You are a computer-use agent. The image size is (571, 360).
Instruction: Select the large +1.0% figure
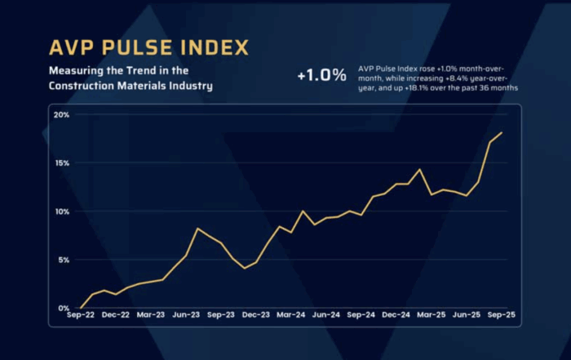pyautogui.click(x=321, y=75)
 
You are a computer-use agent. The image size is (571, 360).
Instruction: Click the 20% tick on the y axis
pyautogui.click(x=62, y=114)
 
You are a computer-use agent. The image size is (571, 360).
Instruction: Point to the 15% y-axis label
pyautogui.click(x=62, y=163)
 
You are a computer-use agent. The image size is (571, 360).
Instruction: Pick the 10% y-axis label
pyautogui.click(x=62, y=211)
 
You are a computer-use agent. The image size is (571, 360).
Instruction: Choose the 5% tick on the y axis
pyautogui.click(x=64, y=260)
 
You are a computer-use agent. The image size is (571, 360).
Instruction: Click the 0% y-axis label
pyautogui.click(x=64, y=308)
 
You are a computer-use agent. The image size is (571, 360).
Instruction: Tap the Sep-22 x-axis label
pyautogui.click(x=81, y=314)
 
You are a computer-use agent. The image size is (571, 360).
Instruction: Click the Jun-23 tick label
pyautogui.click(x=186, y=314)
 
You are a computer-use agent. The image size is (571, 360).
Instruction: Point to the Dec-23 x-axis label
pyautogui.click(x=256, y=314)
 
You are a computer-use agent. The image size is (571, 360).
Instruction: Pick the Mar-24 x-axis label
pyautogui.click(x=291, y=314)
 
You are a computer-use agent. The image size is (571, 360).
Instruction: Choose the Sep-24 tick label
pyautogui.click(x=361, y=314)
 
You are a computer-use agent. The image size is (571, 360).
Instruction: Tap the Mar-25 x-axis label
pyautogui.click(x=431, y=314)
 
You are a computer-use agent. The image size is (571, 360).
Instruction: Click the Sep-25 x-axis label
pyautogui.click(x=500, y=314)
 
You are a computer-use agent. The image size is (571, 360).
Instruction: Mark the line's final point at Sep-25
pyautogui.click(x=501, y=132)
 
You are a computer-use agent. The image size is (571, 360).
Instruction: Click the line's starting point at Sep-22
pyautogui.click(x=81, y=308)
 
